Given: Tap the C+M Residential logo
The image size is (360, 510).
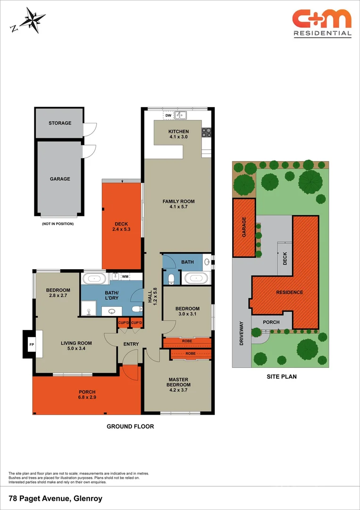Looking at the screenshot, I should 322,23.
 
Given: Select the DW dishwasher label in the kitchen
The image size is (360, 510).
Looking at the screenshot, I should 168,115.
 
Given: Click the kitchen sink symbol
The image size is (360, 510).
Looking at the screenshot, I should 181,115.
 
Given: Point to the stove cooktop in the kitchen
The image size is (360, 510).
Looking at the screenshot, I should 206,132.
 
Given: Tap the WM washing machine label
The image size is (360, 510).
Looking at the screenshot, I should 125,276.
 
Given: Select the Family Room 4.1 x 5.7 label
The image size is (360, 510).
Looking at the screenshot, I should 178,204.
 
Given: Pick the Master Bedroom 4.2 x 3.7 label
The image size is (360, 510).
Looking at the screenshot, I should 178,382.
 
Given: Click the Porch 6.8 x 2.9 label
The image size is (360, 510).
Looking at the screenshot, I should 87,395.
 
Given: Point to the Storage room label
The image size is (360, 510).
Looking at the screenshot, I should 60,123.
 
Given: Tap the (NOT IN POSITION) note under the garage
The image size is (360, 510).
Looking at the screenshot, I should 58,223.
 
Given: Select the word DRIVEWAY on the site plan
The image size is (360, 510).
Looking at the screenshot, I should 242,333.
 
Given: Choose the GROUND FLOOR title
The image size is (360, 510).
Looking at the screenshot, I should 130,426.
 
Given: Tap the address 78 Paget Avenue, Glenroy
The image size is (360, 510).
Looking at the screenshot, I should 56,498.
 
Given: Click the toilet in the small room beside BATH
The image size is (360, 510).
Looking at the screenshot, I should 171,278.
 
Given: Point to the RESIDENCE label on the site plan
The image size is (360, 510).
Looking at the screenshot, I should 289,292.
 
